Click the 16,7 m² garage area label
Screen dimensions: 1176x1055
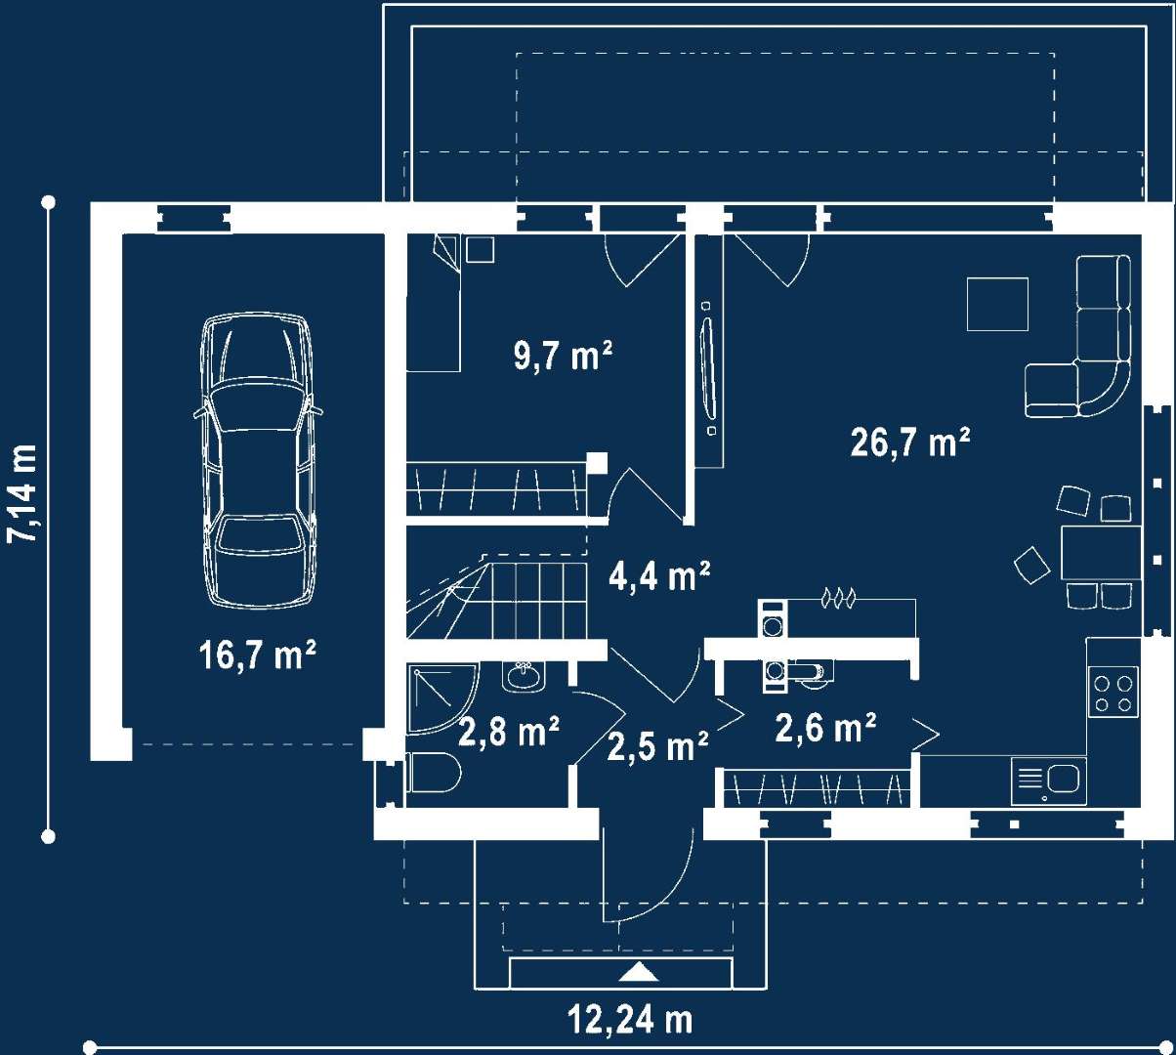click(258, 655)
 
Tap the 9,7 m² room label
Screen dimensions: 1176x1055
click(563, 356)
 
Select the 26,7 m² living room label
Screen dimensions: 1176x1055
click(910, 443)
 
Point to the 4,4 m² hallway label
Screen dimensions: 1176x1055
click(660, 576)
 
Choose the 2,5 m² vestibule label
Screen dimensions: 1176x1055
click(657, 746)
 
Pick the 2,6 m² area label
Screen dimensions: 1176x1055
click(825, 728)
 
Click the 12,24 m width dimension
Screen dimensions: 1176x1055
click(630, 1020)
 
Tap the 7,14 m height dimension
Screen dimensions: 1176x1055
click(23, 494)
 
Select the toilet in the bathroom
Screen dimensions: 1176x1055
click(433, 773)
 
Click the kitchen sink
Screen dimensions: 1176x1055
click(1049, 781)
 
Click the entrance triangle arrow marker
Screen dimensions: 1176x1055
click(639, 971)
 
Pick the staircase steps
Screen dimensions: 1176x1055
click(497, 601)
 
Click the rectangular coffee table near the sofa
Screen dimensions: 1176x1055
click(997, 304)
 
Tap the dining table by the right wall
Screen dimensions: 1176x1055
click(1101, 553)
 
